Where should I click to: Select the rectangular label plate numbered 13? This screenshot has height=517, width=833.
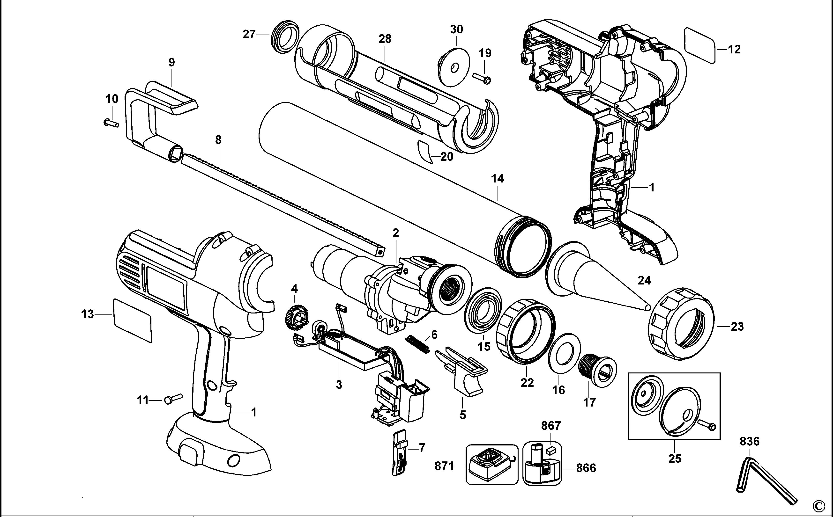(132, 320)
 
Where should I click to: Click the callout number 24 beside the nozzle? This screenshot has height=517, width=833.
(644, 280)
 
